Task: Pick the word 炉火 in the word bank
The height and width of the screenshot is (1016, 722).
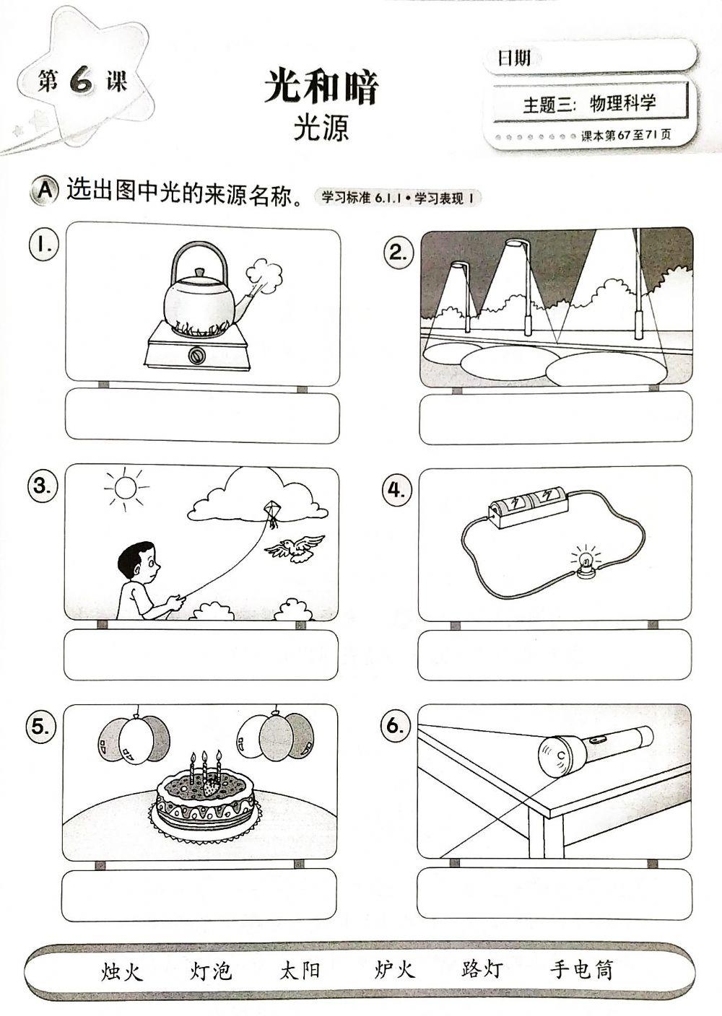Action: [395, 970]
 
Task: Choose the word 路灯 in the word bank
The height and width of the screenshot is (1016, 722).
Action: [482, 969]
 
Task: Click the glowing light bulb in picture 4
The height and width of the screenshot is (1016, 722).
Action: [586, 559]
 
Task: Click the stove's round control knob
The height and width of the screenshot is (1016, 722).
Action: [196, 355]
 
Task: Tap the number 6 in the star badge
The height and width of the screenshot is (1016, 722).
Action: [81, 82]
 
